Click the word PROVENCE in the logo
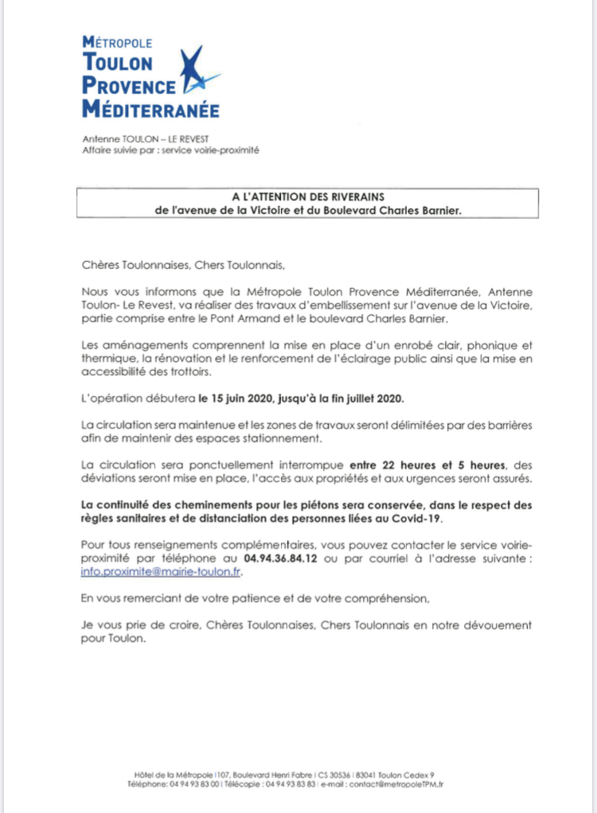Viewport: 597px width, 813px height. point(130,87)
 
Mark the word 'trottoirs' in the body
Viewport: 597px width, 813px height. point(195,371)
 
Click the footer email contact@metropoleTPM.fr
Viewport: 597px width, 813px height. point(397,784)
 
